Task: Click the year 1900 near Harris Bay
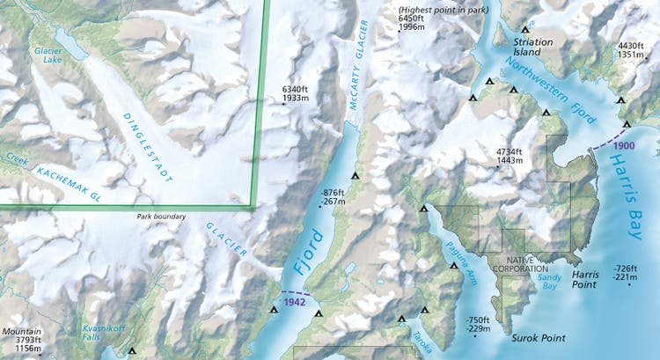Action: tap(626, 144)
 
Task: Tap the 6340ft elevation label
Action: tap(296, 94)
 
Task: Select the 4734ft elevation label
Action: tap(510, 157)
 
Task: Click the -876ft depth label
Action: tap(333, 197)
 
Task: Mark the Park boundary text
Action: tap(164, 217)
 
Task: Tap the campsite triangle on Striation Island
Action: tap(526, 29)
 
